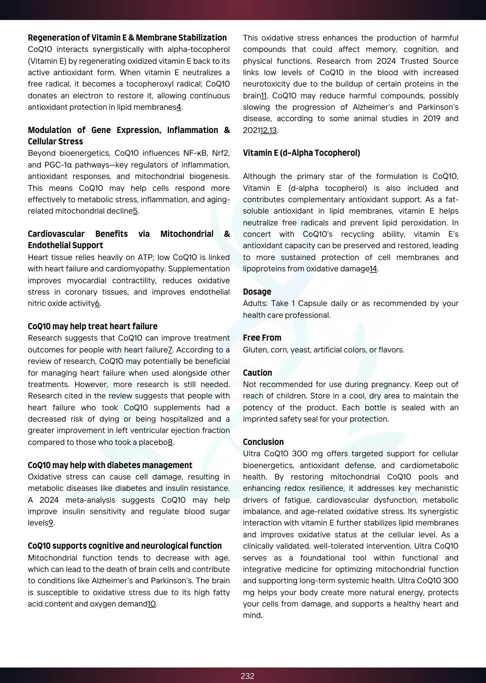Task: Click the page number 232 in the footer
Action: [x=247, y=676]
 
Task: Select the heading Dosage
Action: [x=257, y=292]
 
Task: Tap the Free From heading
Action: [x=262, y=338]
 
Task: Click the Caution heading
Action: [x=258, y=373]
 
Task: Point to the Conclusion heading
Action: [x=263, y=442]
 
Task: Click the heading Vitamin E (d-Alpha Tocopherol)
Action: [x=301, y=153]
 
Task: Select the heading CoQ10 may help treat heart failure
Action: [x=92, y=326]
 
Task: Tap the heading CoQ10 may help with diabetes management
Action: [x=110, y=465]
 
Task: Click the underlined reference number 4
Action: [x=179, y=107]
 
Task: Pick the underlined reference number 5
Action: [x=135, y=211]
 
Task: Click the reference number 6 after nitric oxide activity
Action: [x=97, y=304]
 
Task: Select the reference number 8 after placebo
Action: [x=170, y=443]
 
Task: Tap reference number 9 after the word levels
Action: [x=51, y=523]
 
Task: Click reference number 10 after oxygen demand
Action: [x=152, y=604]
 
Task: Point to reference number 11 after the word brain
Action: [x=263, y=96]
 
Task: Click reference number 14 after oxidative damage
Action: [x=373, y=269]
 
